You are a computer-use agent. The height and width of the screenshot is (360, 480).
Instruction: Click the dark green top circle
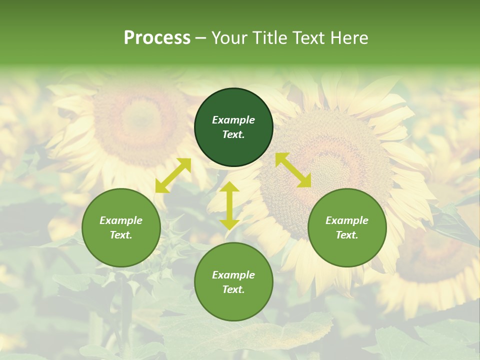coord(233,127)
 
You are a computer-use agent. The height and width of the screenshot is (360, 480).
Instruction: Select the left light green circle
coord(121,228)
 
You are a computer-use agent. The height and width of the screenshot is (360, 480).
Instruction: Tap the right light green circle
coord(347,228)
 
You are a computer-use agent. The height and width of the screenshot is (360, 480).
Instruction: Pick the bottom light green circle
coord(233,282)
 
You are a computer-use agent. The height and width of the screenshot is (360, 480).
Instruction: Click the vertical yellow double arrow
coord(229,205)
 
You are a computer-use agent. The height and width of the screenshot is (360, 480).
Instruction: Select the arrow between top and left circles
coord(173,175)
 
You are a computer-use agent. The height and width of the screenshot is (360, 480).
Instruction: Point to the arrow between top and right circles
coord(293,170)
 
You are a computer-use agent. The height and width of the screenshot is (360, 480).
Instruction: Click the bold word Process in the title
coord(157,38)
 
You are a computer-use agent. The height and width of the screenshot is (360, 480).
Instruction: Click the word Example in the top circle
coord(233,120)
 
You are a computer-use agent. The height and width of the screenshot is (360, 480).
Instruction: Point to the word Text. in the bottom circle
coord(233,289)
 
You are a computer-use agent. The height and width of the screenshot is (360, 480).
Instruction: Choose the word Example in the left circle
coord(121,220)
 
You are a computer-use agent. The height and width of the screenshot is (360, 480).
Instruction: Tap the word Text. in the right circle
coord(347,235)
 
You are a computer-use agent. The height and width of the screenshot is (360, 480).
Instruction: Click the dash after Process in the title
coord(201,38)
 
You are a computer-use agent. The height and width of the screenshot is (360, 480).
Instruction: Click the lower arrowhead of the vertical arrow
coord(229,224)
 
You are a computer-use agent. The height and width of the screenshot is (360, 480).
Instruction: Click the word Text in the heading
coord(308,38)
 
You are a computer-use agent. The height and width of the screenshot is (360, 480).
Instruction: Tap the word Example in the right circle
coord(347,220)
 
